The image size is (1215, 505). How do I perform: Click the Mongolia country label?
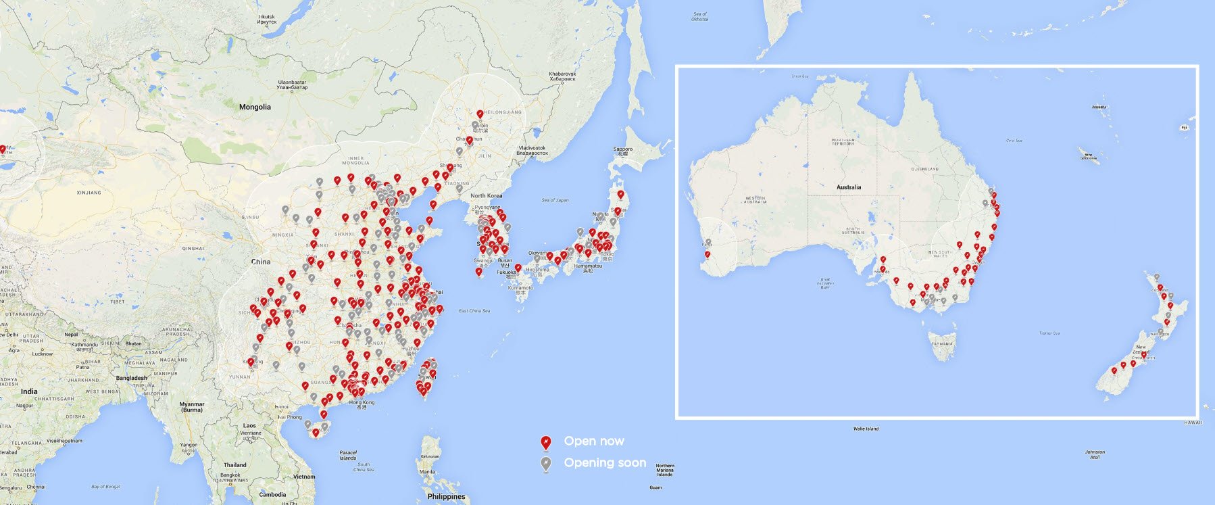(255, 107)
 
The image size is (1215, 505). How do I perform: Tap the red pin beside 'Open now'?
(546, 443)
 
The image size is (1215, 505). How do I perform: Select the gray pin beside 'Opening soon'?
(546, 464)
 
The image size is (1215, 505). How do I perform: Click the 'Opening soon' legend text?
(605, 463)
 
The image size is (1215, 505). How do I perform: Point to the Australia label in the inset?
(849, 187)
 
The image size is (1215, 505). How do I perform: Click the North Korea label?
(487, 196)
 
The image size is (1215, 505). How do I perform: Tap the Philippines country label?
(446, 496)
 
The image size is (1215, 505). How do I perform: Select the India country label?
(29, 391)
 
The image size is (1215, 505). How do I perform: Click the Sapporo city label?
(622, 149)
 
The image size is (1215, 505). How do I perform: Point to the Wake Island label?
(866, 429)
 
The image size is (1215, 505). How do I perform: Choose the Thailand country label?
(235, 464)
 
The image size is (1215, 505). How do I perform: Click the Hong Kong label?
(362, 403)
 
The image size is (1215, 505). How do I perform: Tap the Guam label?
(655, 487)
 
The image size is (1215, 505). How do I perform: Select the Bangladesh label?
(131, 378)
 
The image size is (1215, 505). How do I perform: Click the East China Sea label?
(474, 311)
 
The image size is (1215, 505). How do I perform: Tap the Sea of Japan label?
(555, 200)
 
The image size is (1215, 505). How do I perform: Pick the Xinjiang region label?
(89, 193)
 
